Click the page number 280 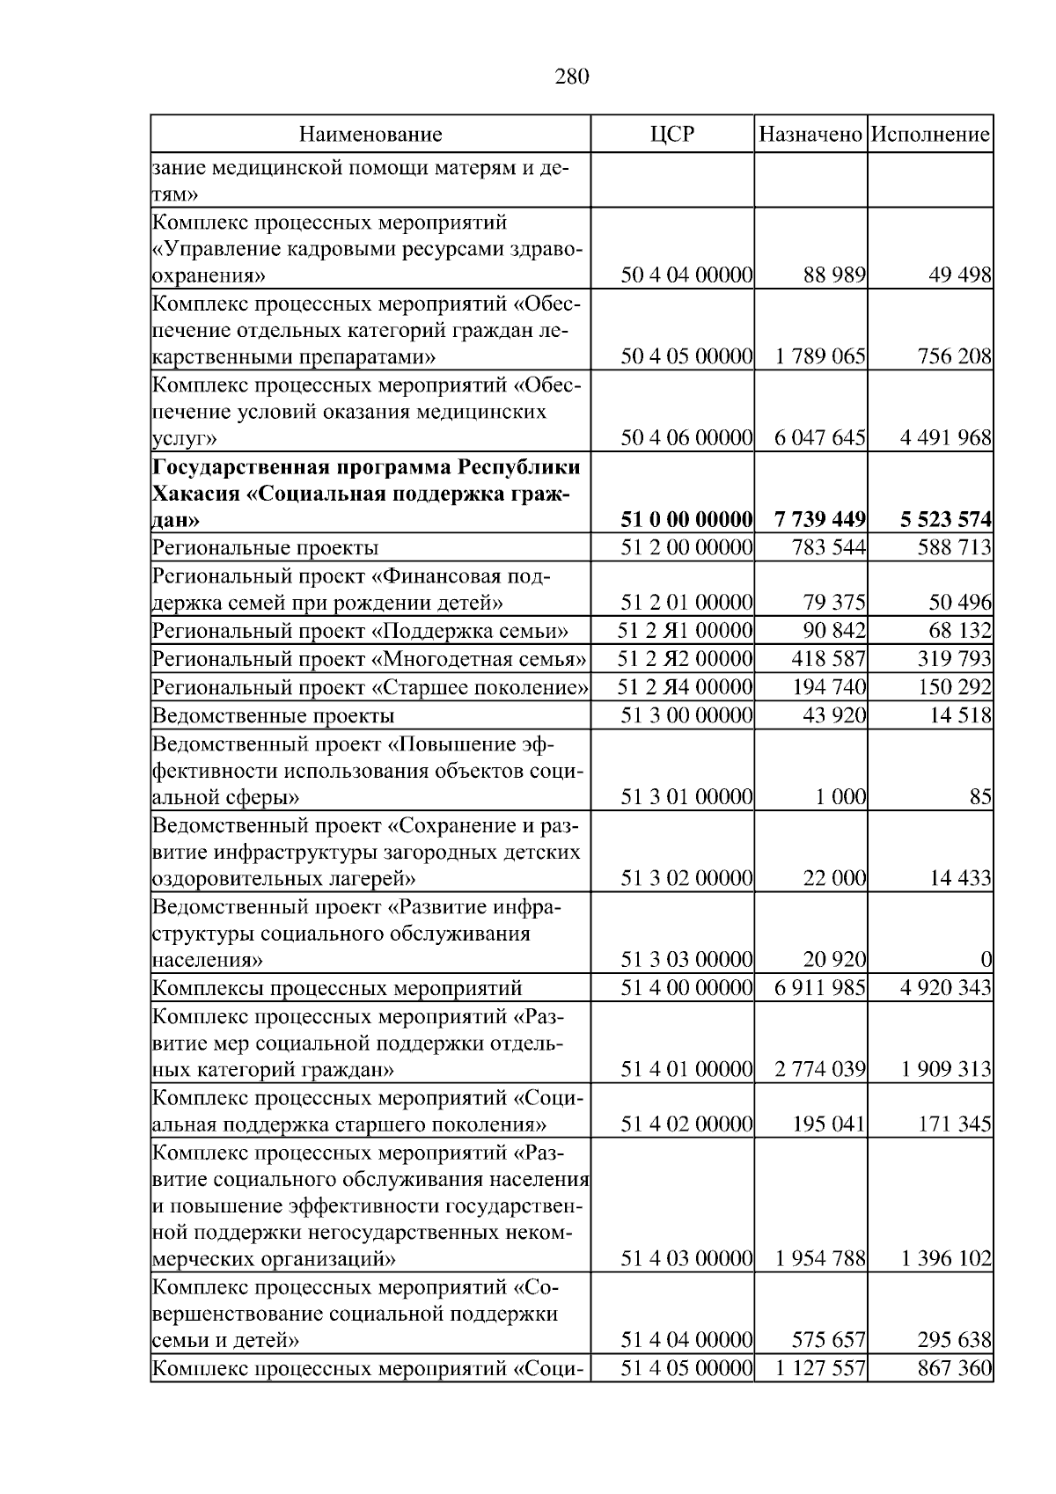571,77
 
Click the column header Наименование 370,135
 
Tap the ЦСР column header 671,135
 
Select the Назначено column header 810,135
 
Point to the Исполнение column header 930,135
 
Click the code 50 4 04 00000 686,275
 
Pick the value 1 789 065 820,356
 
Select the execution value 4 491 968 946,437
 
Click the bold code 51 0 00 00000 686,519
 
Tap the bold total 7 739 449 820,519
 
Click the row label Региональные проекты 265,548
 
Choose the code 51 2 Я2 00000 685,659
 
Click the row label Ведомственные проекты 273,715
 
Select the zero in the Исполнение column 986,959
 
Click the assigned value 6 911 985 820,988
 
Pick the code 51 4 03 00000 686,1258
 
